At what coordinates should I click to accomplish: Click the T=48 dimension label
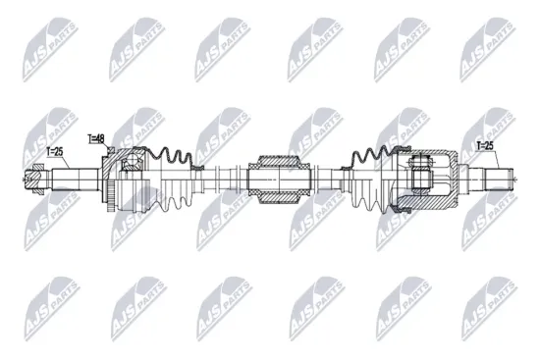96,139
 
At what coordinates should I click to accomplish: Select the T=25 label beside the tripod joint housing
485,147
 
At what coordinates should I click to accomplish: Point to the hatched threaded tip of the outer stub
34,179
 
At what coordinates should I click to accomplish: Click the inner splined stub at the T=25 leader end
490,179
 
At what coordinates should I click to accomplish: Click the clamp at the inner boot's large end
399,179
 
